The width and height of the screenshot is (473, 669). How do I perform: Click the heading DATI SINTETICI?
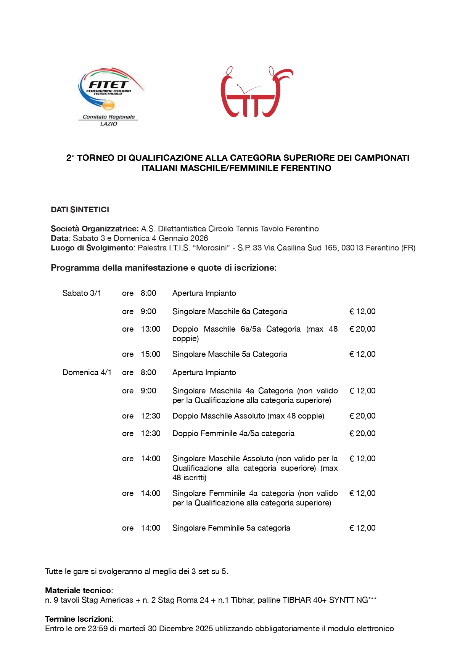pos(80,210)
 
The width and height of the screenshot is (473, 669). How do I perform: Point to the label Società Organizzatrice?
pos(94,229)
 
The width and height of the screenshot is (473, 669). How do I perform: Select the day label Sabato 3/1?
pos(82,293)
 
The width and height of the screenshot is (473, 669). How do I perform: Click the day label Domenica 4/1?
pos(87,372)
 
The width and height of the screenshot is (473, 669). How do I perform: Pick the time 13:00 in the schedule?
pos(151,329)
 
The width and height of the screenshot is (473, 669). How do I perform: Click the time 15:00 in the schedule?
pos(151,354)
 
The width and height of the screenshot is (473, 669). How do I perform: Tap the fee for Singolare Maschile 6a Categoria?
pos(362,311)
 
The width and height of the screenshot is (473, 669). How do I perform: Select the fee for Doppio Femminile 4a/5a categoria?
pos(362,433)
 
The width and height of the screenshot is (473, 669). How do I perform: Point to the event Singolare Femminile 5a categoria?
pos(231,528)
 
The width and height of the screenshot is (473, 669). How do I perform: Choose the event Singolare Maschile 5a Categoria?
pos(230,354)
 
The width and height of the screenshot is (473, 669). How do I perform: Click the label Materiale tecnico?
pos(78,590)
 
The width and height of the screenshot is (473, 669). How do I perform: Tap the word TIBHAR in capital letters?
pos(296,600)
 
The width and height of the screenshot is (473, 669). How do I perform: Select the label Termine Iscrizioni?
pos(79,619)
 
